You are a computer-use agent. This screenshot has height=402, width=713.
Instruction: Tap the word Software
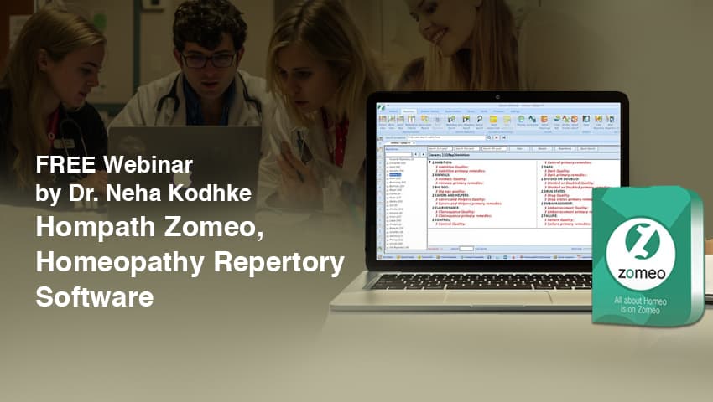94,296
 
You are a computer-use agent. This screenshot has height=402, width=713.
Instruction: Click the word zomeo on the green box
647,273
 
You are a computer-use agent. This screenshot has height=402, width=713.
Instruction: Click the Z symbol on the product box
647,241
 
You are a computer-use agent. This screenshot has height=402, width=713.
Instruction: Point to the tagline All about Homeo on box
647,299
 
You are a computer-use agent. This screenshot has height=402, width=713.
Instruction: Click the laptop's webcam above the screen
497,97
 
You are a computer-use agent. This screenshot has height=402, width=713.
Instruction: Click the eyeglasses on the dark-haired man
208,60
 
